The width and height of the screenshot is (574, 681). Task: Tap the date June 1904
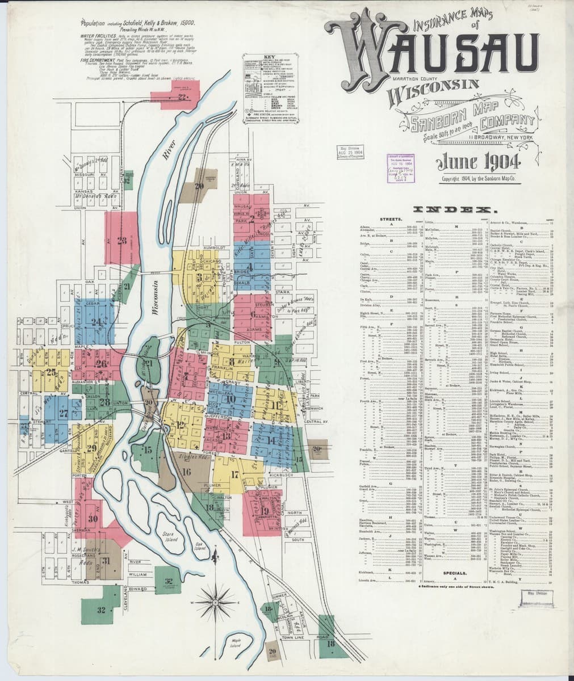pos(479,162)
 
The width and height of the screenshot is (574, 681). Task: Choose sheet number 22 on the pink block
pos(182,97)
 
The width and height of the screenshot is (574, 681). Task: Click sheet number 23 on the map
pos(121,240)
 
